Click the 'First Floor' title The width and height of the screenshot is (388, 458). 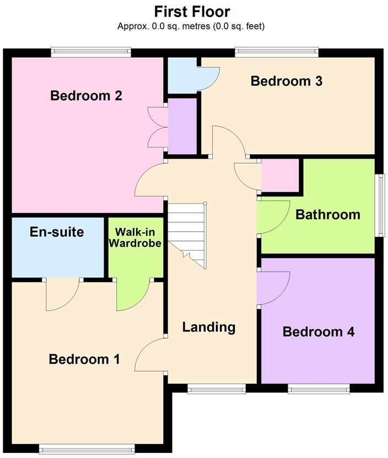point(192,11)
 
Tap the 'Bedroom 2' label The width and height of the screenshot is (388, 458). point(86,96)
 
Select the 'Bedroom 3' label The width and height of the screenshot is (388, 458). point(286,81)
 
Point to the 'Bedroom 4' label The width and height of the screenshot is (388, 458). point(318,332)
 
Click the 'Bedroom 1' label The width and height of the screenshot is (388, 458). point(84,359)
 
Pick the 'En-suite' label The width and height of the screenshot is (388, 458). point(57,232)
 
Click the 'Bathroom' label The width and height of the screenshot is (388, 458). point(327,214)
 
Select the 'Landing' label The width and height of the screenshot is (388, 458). point(209,327)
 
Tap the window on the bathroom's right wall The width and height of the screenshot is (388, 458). point(379,204)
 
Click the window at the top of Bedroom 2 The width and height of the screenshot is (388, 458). point(91,52)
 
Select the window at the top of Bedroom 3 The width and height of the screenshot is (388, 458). point(276,52)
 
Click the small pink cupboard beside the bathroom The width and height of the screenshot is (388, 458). point(279,176)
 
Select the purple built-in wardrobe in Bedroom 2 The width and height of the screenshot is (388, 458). point(182,127)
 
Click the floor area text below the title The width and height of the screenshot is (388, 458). point(191,26)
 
